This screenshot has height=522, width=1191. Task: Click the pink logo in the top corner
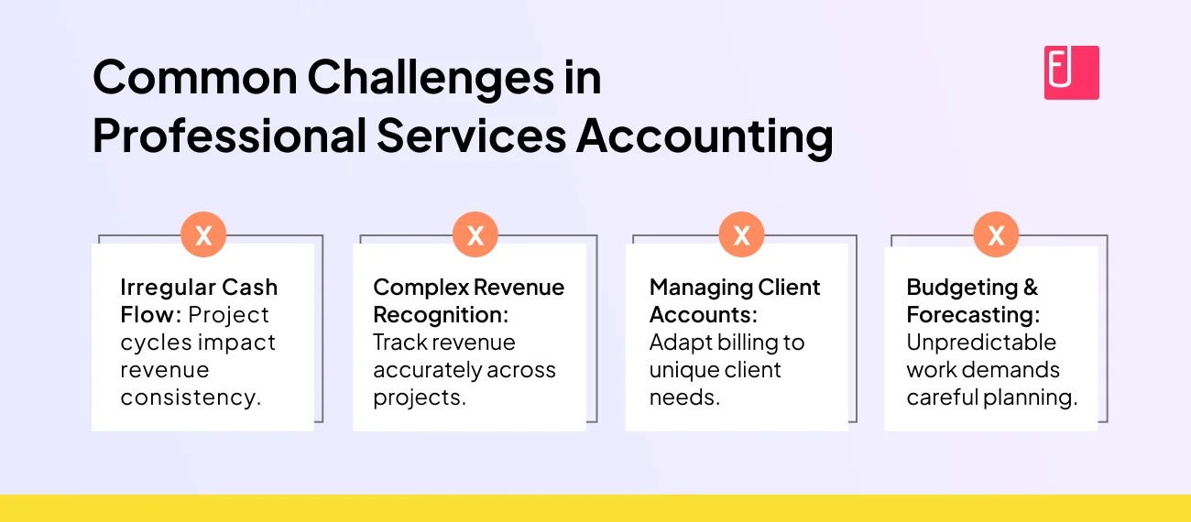(x=1071, y=73)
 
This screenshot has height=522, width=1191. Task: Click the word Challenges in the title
(x=431, y=80)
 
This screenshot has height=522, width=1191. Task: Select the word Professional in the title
(x=230, y=135)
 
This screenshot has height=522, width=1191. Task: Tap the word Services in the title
(x=472, y=135)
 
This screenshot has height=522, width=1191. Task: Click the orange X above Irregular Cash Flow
(x=203, y=234)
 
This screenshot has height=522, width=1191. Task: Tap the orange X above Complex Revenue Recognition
(x=475, y=234)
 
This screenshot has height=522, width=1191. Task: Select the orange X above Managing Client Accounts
(x=742, y=234)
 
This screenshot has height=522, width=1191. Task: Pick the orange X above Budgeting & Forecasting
(x=997, y=234)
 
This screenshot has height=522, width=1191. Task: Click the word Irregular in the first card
(x=167, y=288)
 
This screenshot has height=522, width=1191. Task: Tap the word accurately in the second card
(x=426, y=371)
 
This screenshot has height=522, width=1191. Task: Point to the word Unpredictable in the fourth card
(x=981, y=343)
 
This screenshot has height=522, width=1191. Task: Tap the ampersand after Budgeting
(x=1031, y=288)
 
